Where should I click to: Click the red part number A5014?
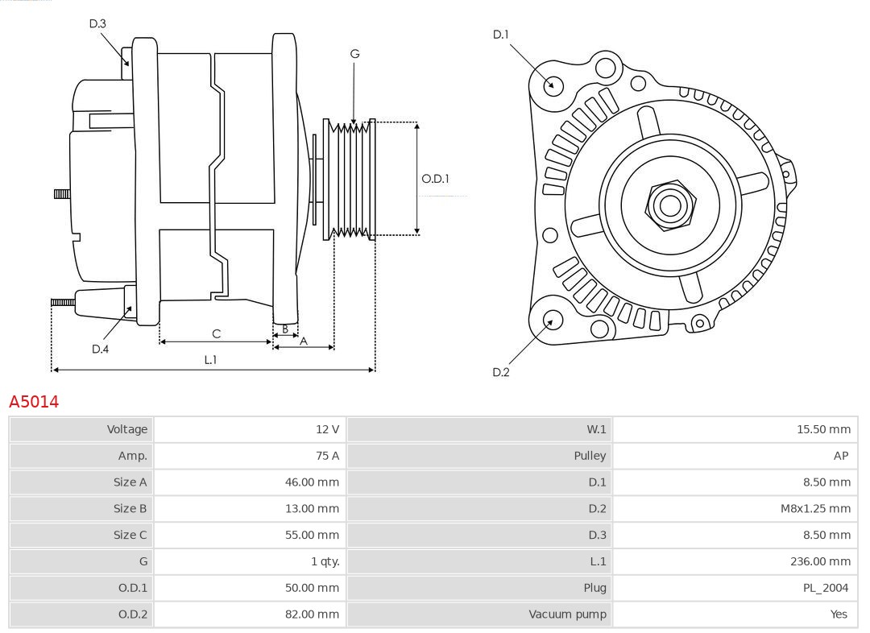click(34, 401)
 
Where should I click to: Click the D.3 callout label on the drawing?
click(97, 24)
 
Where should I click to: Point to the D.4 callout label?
click(100, 349)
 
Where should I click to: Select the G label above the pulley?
click(354, 54)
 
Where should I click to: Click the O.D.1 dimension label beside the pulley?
click(435, 179)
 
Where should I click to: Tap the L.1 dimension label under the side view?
click(210, 360)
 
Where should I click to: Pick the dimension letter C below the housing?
click(216, 333)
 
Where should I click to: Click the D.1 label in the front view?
click(501, 34)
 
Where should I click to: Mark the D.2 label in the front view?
click(501, 372)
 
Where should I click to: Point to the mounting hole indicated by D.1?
click(553, 84)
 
